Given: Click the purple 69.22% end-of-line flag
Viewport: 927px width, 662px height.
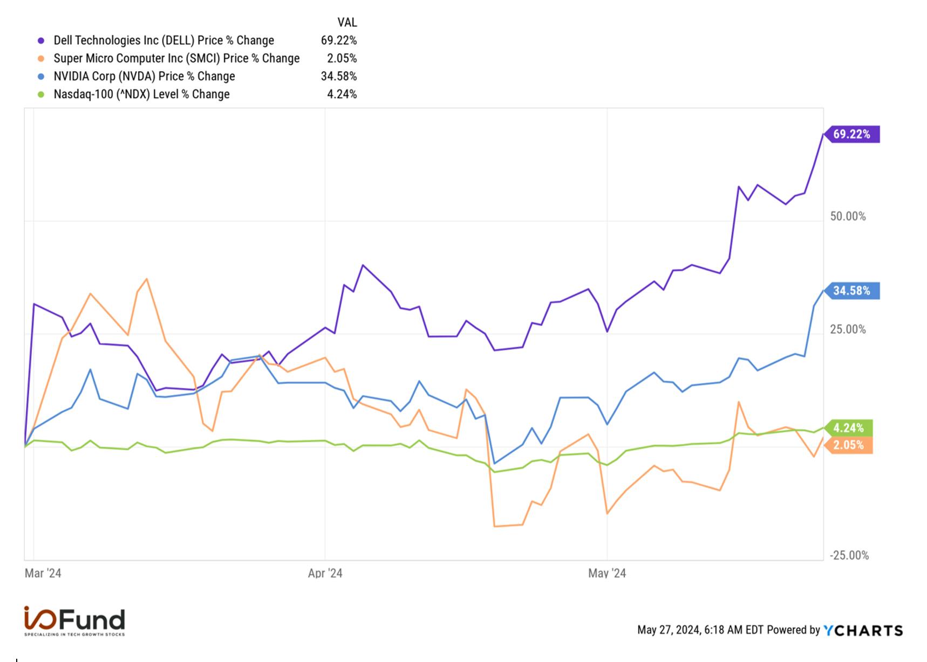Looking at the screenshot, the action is (x=851, y=134).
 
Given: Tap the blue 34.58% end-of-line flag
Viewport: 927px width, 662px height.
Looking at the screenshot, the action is (x=851, y=291).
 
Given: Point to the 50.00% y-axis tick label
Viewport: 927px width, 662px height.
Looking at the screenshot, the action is (x=848, y=216).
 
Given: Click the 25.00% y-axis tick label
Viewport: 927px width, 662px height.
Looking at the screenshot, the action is (x=848, y=329).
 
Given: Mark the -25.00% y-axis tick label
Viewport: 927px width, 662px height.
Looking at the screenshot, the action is (x=849, y=555).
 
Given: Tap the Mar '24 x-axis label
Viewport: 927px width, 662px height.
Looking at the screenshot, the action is (x=43, y=573).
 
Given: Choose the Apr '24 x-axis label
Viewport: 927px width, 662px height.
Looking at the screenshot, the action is (x=325, y=573).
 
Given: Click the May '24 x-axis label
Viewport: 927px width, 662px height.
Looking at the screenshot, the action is (x=607, y=573).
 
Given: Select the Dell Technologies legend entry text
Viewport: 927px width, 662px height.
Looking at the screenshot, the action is (x=164, y=40).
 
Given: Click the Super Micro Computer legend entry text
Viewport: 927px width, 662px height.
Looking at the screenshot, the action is (x=176, y=58).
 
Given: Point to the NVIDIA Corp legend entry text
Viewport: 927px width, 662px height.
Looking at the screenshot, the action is (x=144, y=76).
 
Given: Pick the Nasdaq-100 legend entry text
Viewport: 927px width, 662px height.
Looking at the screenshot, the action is (x=141, y=94).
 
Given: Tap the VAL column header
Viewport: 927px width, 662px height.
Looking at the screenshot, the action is (x=347, y=22).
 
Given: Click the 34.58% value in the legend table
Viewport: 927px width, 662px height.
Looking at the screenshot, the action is (x=339, y=76).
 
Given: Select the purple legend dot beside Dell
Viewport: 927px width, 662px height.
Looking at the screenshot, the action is (x=41, y=40).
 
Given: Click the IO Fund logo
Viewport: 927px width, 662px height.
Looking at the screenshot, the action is (x=74, y=620).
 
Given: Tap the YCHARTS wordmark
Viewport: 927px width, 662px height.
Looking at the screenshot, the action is (x=863, y=630).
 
